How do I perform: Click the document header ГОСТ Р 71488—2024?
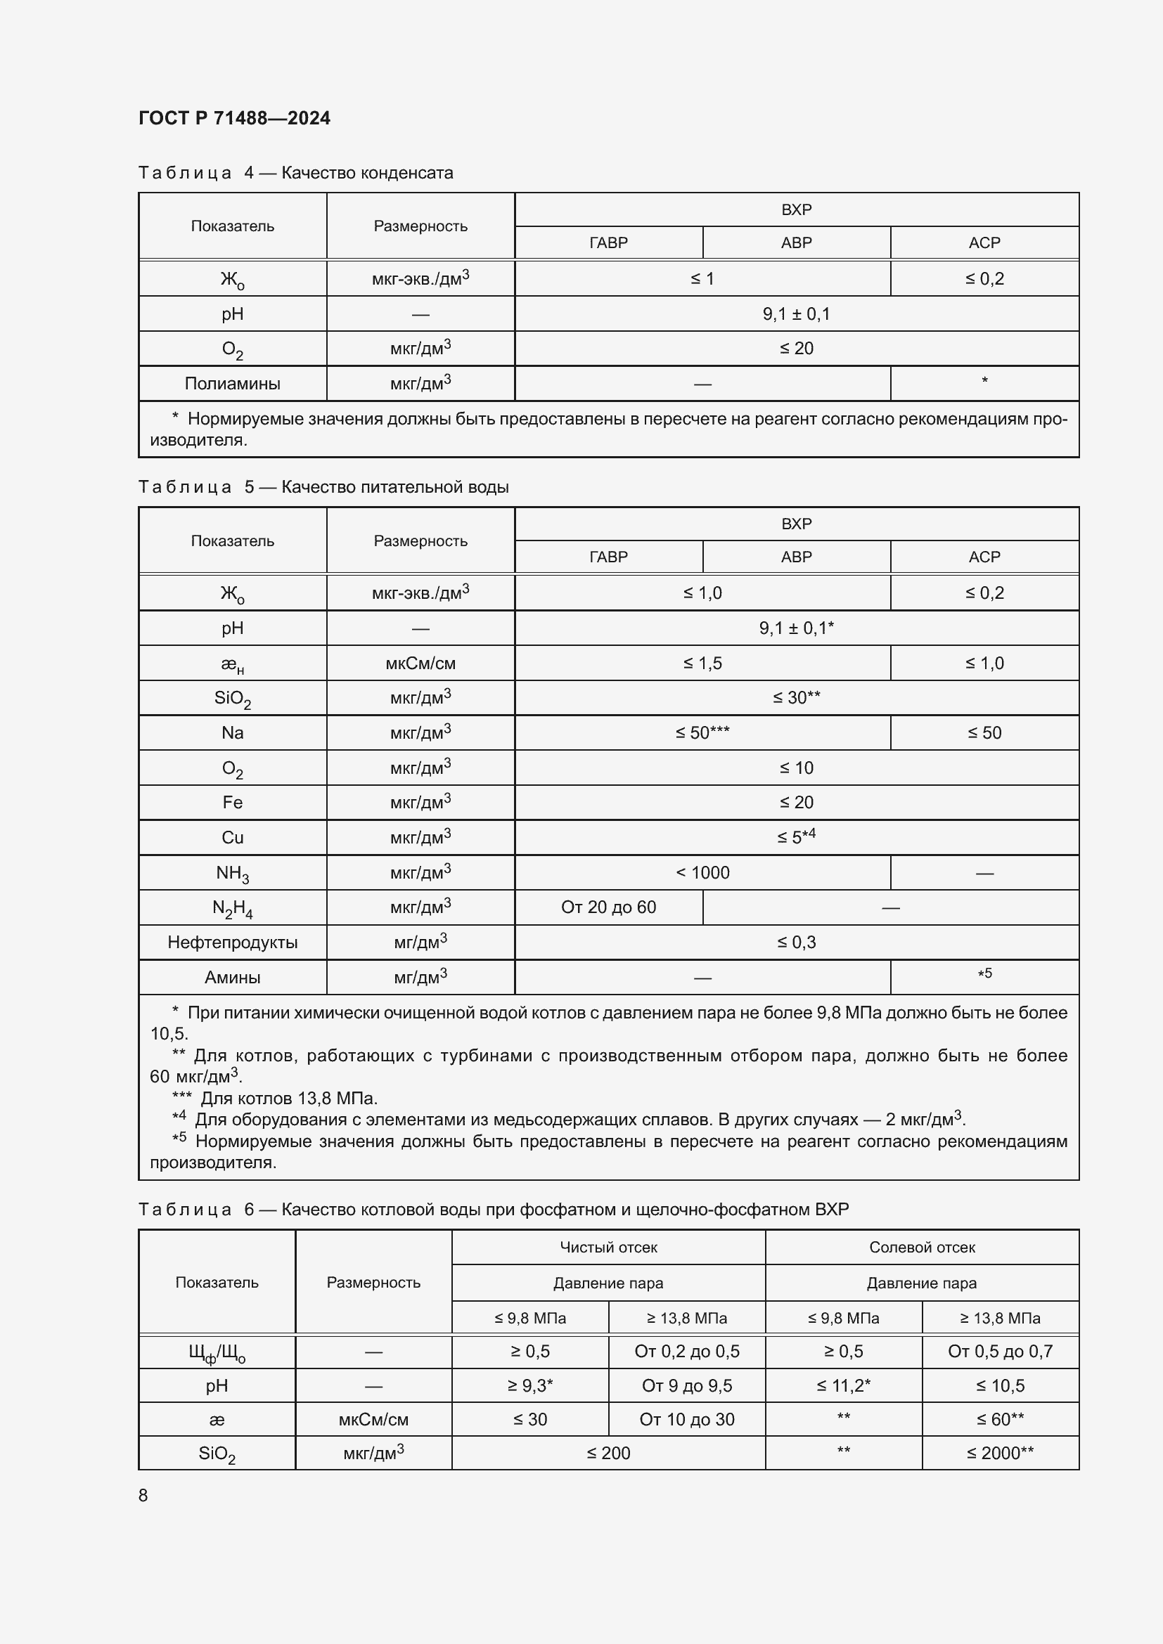(x=234, y=118)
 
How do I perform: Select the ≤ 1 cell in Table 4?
(x=702, y=278)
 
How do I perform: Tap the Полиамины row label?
(x=232, y=384)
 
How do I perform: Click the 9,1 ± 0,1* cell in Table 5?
(x=796, y=628)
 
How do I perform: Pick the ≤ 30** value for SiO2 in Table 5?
(x=796, y=697)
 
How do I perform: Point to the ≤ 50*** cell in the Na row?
(x=702, y=732)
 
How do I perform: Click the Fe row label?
(x=232, y=803)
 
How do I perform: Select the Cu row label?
(x=232, y=838)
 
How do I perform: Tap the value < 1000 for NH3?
(x=702, y=873)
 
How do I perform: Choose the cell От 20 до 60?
(x=608, y=907)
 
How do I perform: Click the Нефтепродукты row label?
(x=232, y=943)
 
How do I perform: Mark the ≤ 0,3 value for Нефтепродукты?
(x=796, y=943)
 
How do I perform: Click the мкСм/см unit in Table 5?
(x=420, y=663)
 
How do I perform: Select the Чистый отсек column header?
(x=608, y=1248)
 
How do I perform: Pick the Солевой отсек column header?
(x=922, y=1248)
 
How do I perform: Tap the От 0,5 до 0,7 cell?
(x=1000, y=1351)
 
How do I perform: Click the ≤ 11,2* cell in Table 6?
(x=843, y=1385)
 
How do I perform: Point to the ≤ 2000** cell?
(x=1000, y=1453)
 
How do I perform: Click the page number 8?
(x=143, y=1495)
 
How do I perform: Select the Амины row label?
(x=232, y=978)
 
